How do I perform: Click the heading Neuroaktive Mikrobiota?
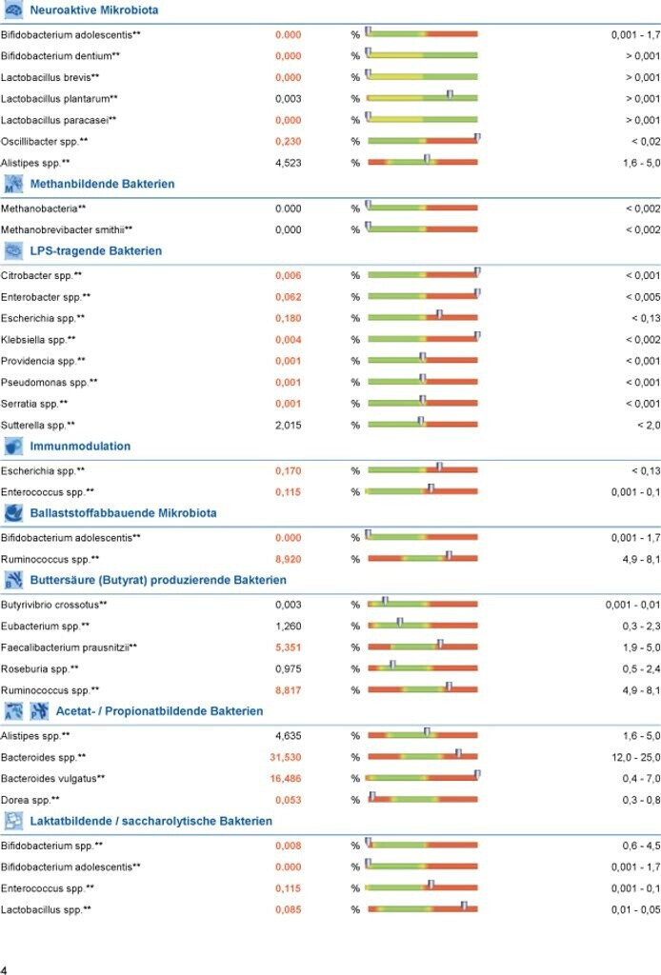(x=93, y=10)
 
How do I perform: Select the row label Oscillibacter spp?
(x=44, y=141)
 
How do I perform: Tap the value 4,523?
(x=288, y=163)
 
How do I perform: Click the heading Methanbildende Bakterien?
(x=102, y=184)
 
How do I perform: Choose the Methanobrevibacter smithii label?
(x=66, y=229)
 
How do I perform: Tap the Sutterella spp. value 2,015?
(x=288, y=425)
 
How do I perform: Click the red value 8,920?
(x=288, y=559)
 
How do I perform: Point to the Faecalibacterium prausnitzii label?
(x=69, y=647)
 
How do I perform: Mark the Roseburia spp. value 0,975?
(x=288, y=668)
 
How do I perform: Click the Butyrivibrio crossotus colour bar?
(x=422, y=605)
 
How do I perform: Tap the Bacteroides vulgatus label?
(x=52, y=778)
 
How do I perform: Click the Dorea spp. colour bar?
(x=422, y=799)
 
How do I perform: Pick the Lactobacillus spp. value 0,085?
(x=288, y=909)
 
